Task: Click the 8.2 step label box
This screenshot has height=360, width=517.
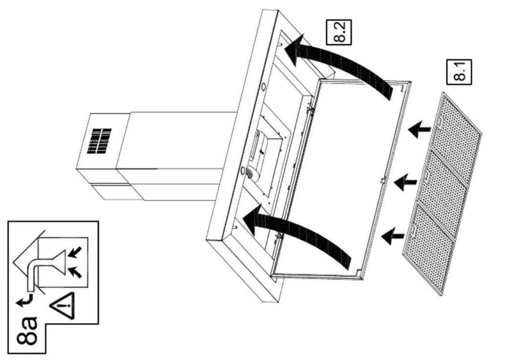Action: point(339,32)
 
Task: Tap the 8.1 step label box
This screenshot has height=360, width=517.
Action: point(459,72)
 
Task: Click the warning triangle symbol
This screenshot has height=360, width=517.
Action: point(62,306)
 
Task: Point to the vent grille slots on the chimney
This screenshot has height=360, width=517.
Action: point(99,141)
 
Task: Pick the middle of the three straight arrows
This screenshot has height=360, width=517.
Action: point(405,182)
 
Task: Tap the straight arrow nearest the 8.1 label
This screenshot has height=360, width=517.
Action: point(419,129)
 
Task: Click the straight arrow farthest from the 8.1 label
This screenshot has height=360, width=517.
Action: point(393,236)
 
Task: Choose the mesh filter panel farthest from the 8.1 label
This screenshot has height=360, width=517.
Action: point(428,249)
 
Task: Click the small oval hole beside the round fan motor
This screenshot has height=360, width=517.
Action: point(242,171)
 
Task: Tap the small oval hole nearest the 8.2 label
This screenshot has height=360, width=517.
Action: point(264,87)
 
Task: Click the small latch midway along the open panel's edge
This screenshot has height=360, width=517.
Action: point(383,180)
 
